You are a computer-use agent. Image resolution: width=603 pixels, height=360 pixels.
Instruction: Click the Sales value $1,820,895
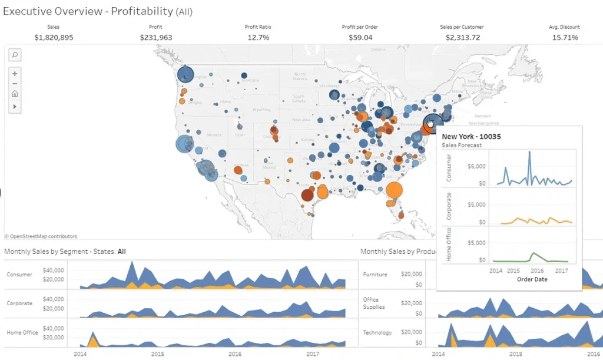(55, 38)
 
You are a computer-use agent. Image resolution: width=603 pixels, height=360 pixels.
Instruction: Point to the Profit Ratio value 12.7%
(258, 38)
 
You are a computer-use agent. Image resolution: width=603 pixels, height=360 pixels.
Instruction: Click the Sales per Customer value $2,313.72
(460, 38)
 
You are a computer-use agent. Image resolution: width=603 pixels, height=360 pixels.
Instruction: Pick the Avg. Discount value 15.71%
(565, 38)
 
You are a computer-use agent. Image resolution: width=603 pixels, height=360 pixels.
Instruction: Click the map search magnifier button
(15, 55)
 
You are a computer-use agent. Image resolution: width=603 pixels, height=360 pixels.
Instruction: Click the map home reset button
(15, 94)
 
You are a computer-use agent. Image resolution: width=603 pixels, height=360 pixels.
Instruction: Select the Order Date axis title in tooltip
(533, 279)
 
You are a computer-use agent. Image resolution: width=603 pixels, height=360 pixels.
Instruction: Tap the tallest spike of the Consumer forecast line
(529, 152)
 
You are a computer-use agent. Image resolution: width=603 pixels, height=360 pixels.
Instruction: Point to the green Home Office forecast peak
(533, 253)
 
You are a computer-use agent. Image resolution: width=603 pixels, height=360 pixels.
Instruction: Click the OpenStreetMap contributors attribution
(41, 236)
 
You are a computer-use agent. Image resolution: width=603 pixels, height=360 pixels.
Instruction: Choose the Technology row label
(377, 333)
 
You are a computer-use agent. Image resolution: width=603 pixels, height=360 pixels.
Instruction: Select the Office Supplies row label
(374, 303)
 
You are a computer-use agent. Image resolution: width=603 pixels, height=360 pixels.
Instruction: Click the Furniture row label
(375, 275)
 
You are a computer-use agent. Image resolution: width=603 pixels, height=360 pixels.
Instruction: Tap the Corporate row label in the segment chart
(19, 303)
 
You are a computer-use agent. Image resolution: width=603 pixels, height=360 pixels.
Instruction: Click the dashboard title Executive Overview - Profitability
(98, 11)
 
